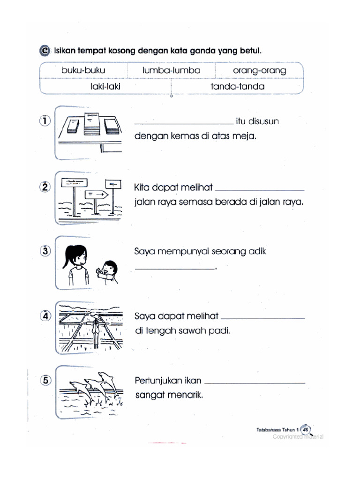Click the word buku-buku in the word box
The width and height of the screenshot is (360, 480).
83,70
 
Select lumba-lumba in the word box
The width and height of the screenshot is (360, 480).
171,70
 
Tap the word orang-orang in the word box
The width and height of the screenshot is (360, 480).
259,70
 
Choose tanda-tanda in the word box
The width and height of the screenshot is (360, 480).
238,86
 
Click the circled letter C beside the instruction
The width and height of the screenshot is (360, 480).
45,51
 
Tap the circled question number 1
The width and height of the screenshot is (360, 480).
45,121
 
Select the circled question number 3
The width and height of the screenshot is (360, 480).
45,251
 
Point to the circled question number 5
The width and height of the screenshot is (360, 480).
45,380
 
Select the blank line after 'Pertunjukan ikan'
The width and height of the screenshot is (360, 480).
255,382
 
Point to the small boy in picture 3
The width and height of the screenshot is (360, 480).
107,271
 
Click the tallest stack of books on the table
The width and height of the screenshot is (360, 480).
92,124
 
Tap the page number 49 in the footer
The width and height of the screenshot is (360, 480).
306,429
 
